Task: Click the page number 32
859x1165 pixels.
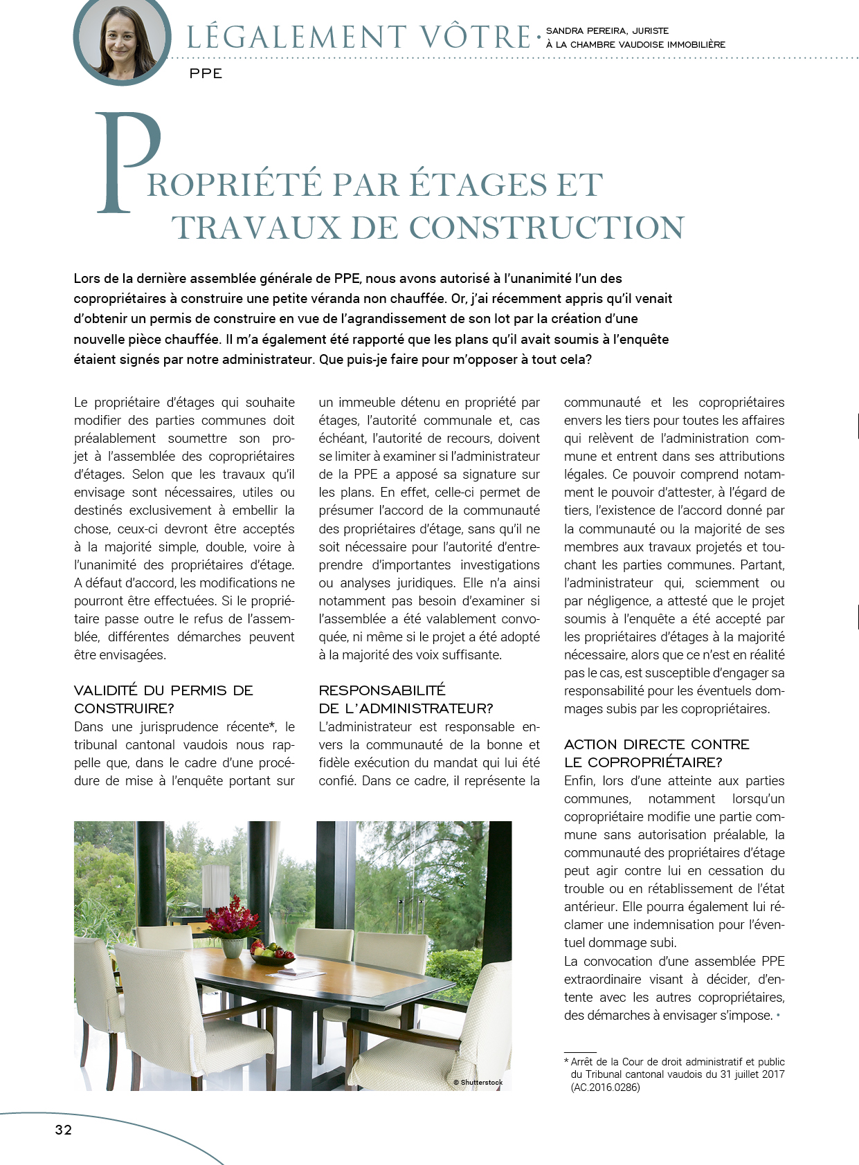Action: tap(64, 1129)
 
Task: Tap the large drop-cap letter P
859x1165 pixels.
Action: tap(128, 163)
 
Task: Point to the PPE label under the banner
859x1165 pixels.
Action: tap(206, 73)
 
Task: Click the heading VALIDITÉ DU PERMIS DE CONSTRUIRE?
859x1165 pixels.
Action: tap(163, 699)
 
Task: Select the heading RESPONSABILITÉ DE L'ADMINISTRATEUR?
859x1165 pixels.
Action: tap(405, 699)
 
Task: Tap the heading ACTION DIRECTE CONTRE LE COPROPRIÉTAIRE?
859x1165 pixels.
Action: tap(656, 753)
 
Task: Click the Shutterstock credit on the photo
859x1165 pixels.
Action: tap(478, 1082)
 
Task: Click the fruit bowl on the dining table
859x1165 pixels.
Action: tap(272, 955)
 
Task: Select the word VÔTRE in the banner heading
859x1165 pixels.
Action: tap(476, 37)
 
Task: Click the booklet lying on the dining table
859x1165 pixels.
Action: tap(300, 972)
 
